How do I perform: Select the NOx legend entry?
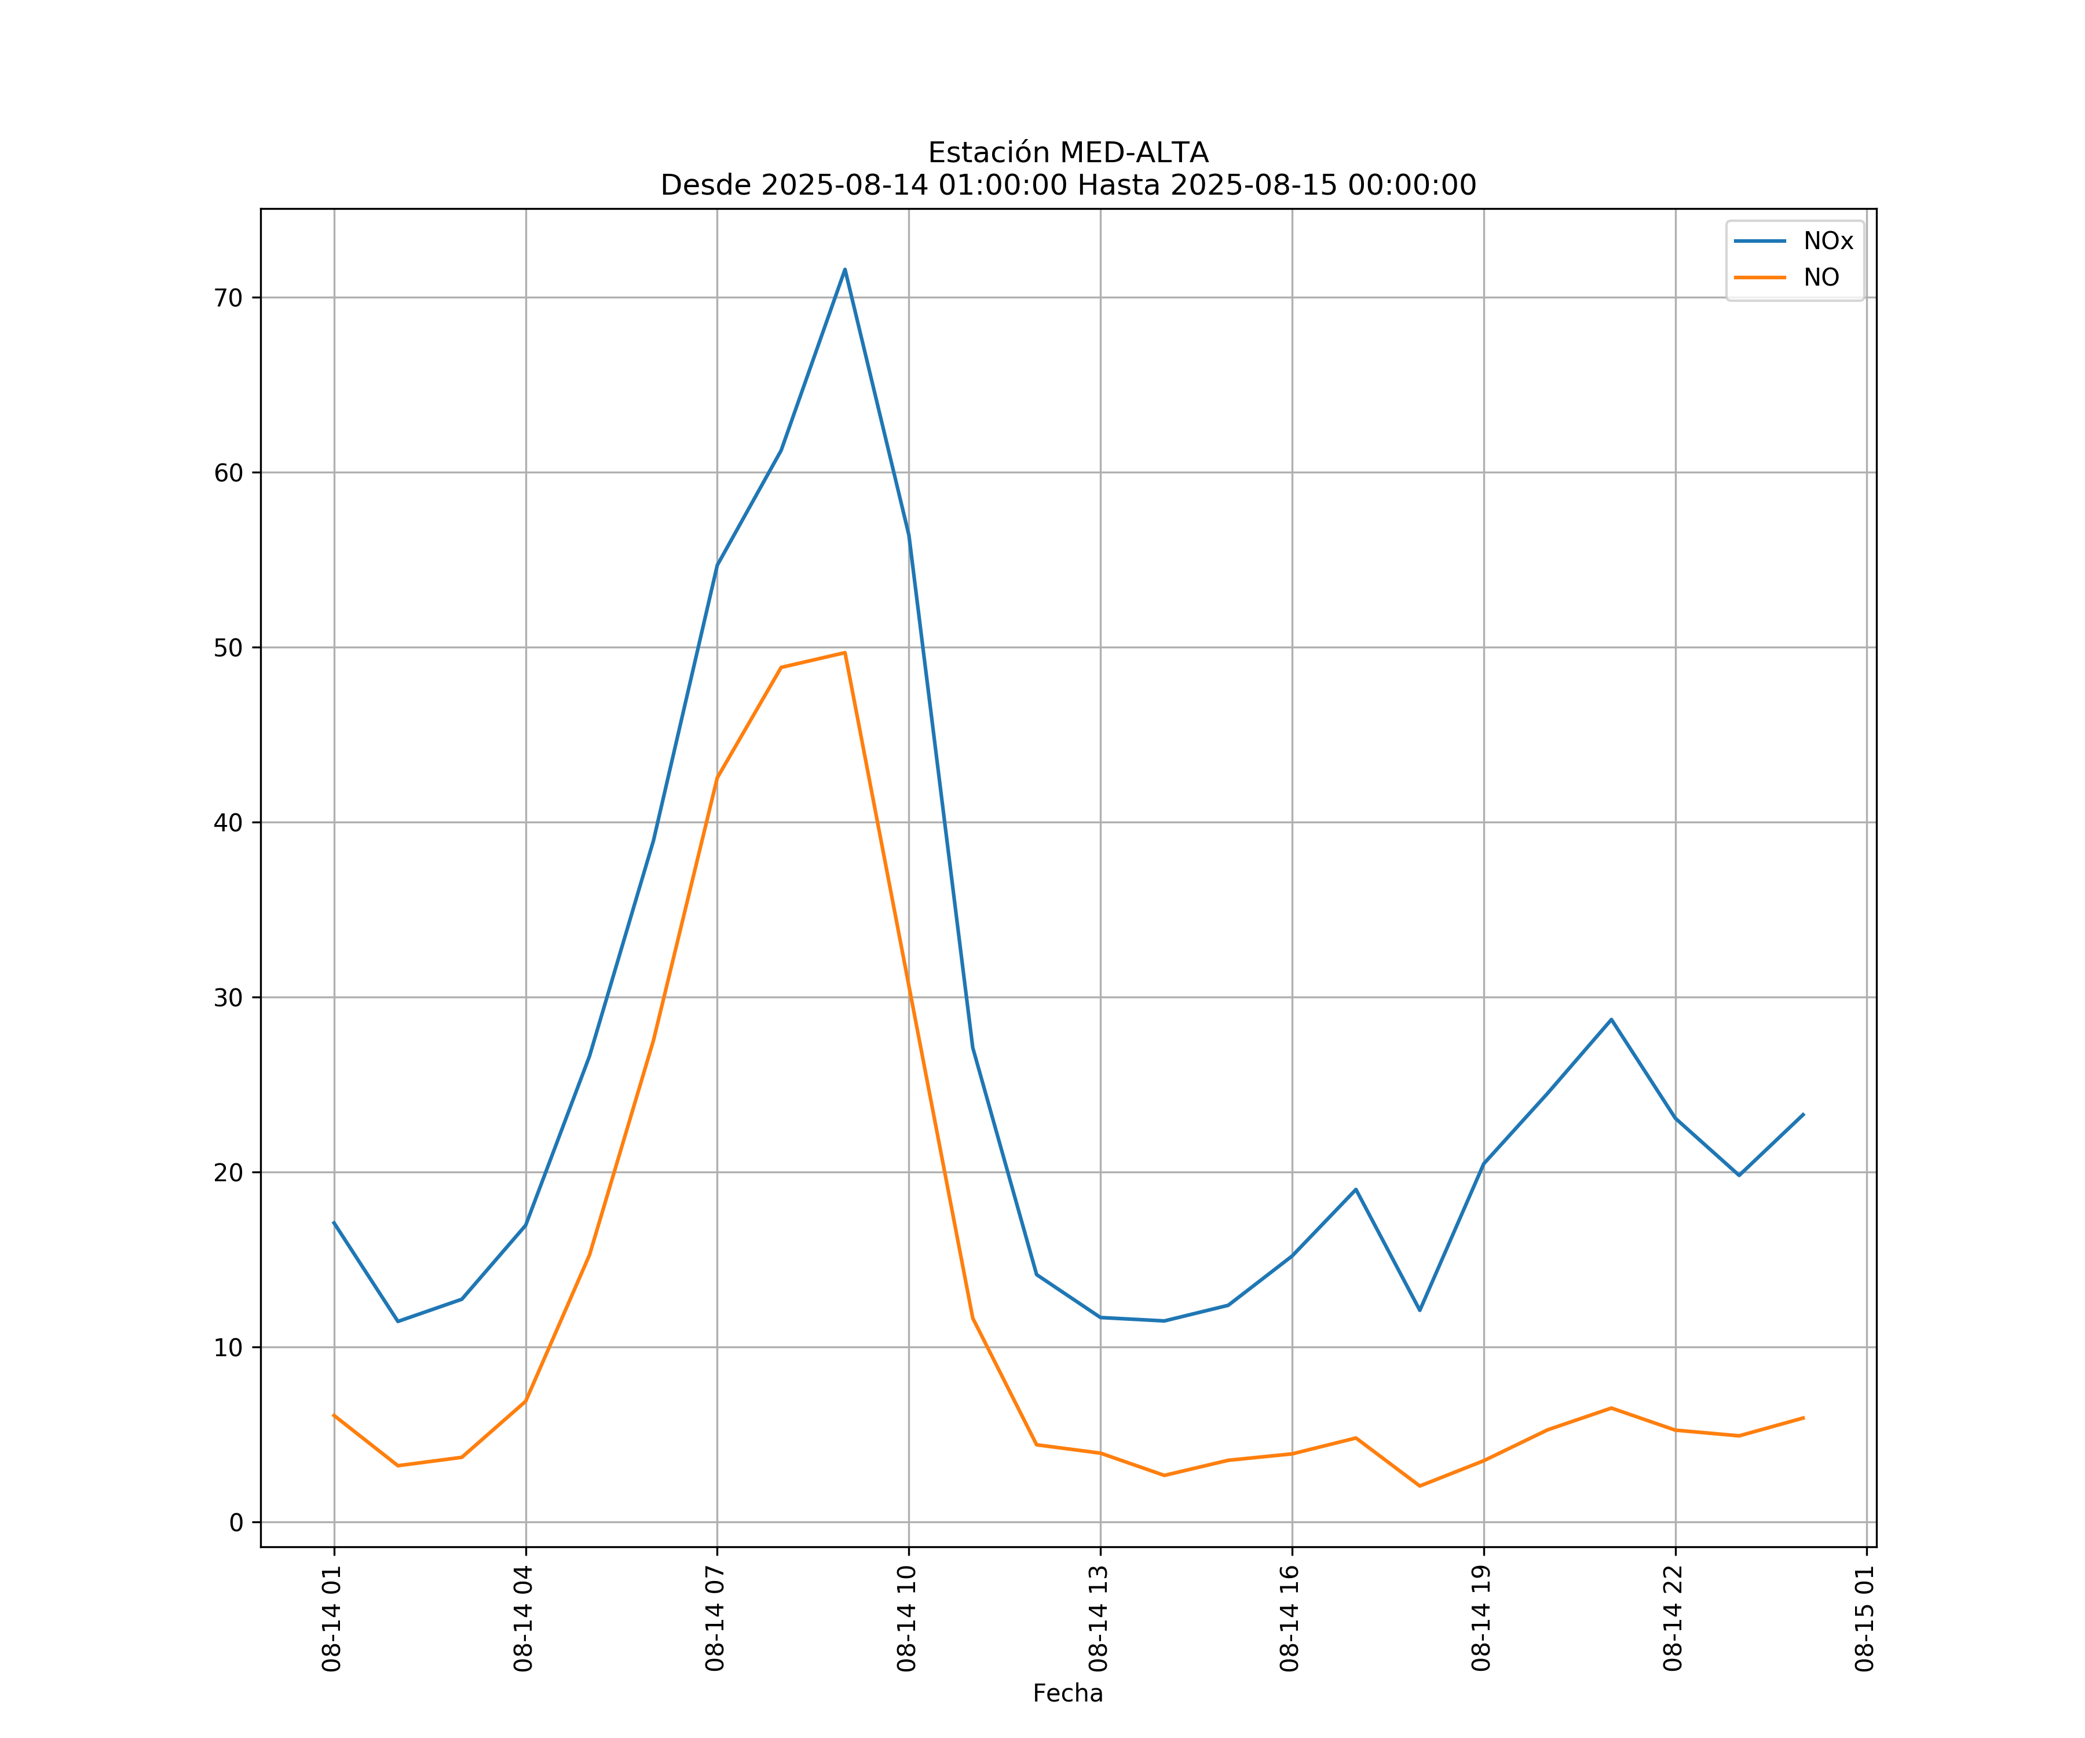click(1827, 242)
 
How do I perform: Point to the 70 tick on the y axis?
click(228, 298)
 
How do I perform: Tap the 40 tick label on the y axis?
click(228, 822)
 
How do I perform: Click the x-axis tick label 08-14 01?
click(332, 1619)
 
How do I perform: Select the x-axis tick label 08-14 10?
click(906, 1619)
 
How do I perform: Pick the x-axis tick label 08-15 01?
click(1864, 1619)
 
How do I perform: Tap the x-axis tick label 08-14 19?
click(1482, 1619)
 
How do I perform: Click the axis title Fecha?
click(1067, 1693)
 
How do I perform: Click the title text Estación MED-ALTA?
click(1067, 153)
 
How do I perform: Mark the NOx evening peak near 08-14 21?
click(1611, 1019)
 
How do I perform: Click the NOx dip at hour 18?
click(1420, 1310)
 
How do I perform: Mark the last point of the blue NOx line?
click(1803, 1114)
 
